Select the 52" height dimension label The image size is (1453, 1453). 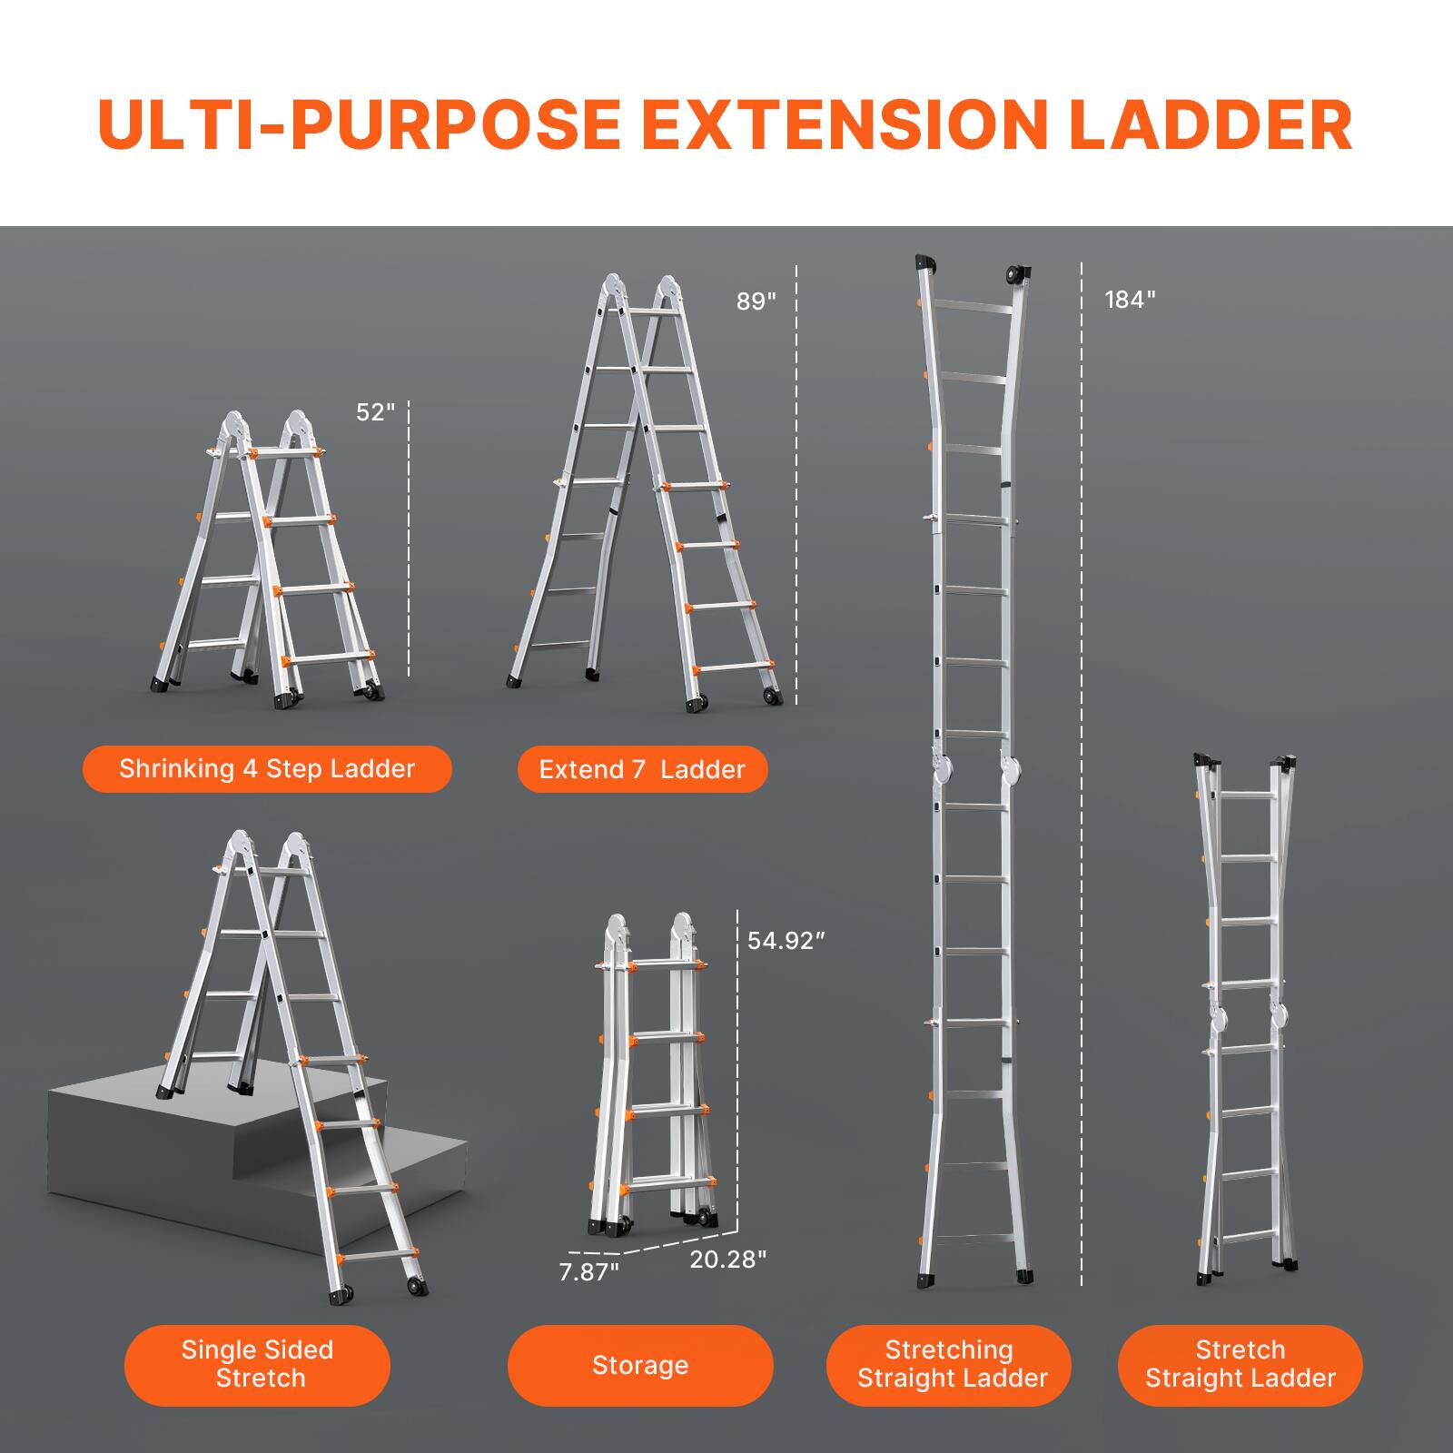click(x=375, y=412)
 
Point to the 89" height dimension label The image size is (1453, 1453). click(x=756, y=301)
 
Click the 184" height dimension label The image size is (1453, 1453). click(x=1130, y=300)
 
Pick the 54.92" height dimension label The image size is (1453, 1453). click(x=786, y=941)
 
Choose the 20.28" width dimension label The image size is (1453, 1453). click(x=728, y=1260)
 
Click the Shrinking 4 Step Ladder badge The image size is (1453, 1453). click(x=267, y=769)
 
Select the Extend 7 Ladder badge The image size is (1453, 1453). click(x=642, y=770)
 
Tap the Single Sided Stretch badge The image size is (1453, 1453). click(x=257, y=1364)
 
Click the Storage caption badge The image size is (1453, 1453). click(x=640, y=1366)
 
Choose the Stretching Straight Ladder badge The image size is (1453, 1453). click(x=949, y=1364)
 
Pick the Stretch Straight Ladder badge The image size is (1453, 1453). click(x=1240, y=1364)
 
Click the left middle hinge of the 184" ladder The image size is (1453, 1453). click(x=945, y=770)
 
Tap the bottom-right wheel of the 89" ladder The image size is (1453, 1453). click(x=773, y=697)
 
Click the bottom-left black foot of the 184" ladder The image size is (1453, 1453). click(x=927, y=1278)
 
